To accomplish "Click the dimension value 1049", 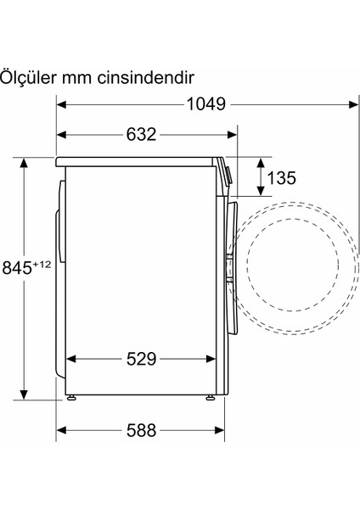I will point(206,104).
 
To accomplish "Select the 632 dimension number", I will point(141,135).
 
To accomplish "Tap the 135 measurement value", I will point(282,179).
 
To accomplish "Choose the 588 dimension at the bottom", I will point(141,430).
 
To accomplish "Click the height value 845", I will point(19,269).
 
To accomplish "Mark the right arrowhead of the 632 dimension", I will point(223,135).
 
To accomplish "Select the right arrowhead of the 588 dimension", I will point(223,430).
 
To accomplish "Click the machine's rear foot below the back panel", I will point(70,396).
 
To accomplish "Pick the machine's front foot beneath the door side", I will point(209,396).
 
